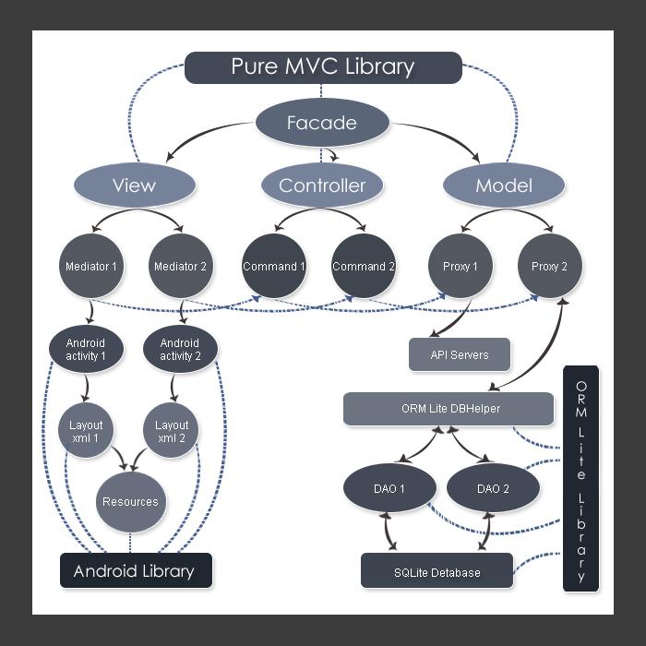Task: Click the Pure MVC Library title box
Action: point(323,67)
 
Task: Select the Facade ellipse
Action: point(321,123)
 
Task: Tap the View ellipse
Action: point(134,185)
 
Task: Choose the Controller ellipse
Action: point(322,185)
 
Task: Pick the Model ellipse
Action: point(503,185)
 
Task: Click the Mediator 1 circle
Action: point(91,267)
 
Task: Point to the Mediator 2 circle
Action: point(181,267)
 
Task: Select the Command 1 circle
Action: point(274,267)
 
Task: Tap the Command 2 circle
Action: point(364,267)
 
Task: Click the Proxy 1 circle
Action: point(460,267)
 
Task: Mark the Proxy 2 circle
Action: point(549,267)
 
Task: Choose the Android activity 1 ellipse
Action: point(86,349)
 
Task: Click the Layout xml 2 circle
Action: point(172,431)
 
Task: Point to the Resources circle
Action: point(130,502)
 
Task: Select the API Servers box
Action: point(460,354)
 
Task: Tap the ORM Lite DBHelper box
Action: point(449,409)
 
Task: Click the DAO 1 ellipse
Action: point(389,489)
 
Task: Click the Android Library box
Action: point(136,570)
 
